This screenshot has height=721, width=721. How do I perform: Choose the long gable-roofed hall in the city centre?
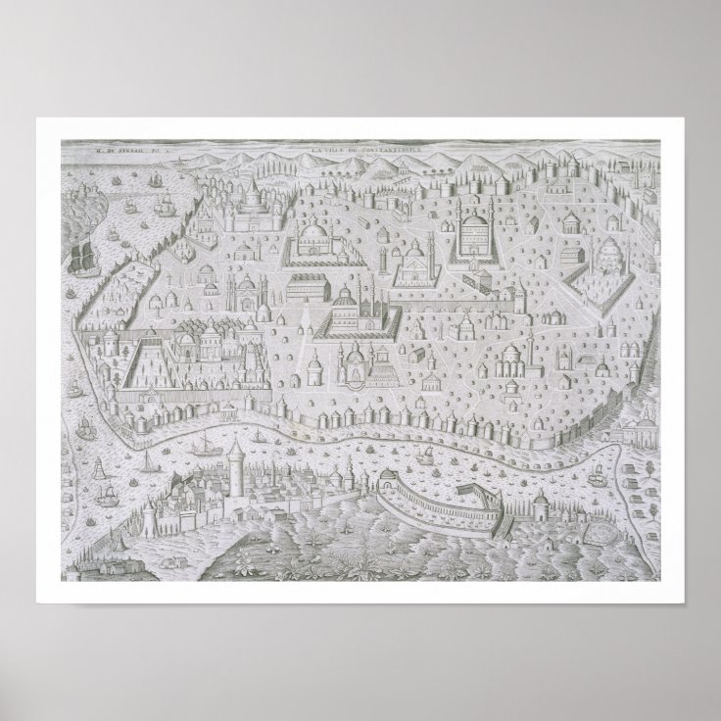click(318, 289)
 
